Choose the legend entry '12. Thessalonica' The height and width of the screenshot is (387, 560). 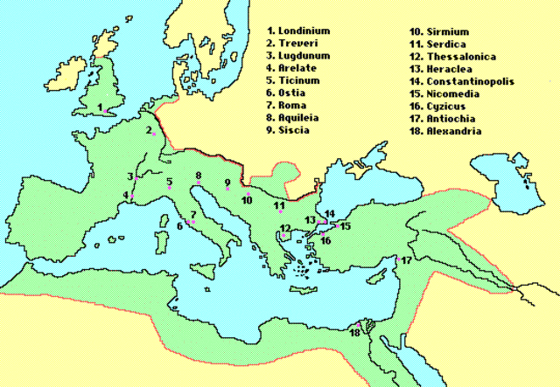[x=451, y=59]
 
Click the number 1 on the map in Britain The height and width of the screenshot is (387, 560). [x=101, y=107]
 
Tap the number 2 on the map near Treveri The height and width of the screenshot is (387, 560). [x=149, y=130]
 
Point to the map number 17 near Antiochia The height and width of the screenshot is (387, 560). [x=407, y=260]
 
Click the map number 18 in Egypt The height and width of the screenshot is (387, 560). [x=354, y=333]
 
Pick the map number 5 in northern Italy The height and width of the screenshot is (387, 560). [x=170, y=182]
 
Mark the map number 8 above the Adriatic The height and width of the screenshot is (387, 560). [x=199, y=176]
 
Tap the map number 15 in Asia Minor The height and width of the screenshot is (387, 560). [x=345, y=226]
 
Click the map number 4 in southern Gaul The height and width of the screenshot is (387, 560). [x=126, y=195]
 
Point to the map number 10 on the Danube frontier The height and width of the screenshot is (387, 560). [x=247, y=199]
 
